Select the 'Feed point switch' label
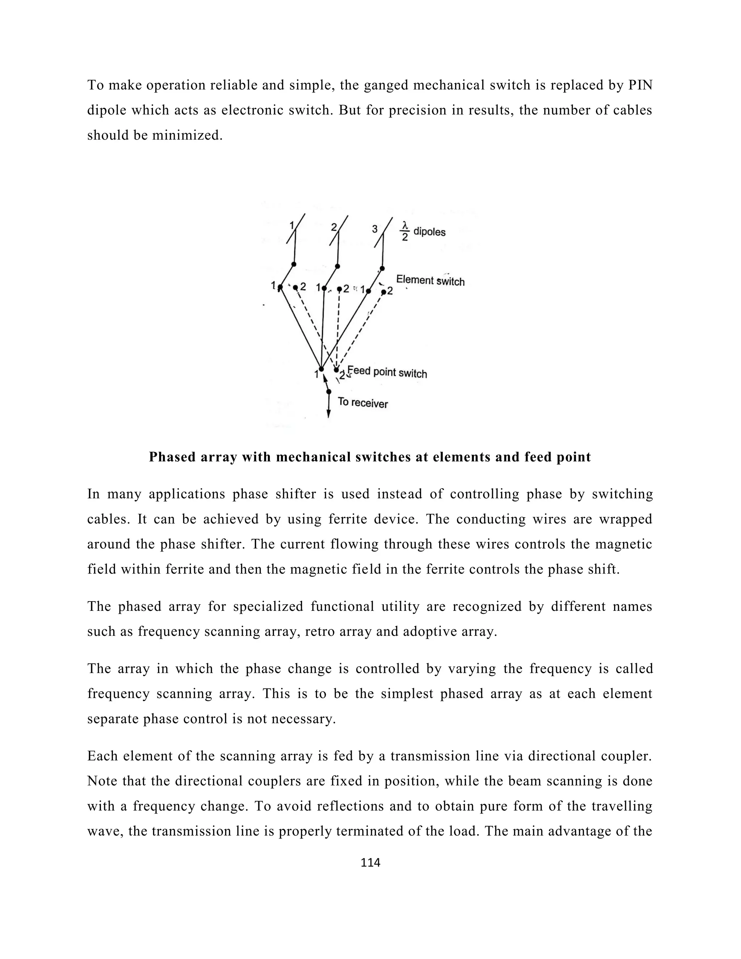click(x=387, y=372)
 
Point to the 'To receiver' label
click(x=363, y=402)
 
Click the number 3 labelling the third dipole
click(x=374, y=229)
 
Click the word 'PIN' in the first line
click(x=640, y=85)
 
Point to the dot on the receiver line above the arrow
click(x=329, y=391)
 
